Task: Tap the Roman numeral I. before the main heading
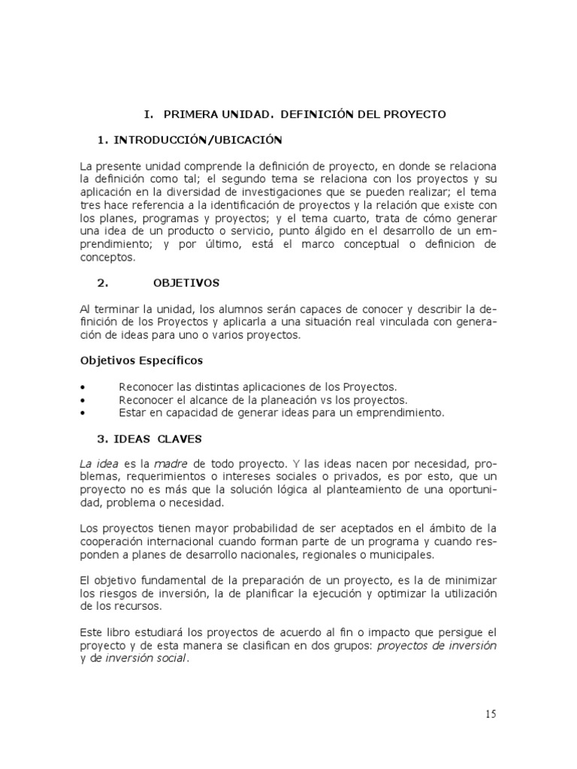tap(148, 115)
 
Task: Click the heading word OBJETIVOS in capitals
tap(186, 283)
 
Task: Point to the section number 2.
tap(104, 283)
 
